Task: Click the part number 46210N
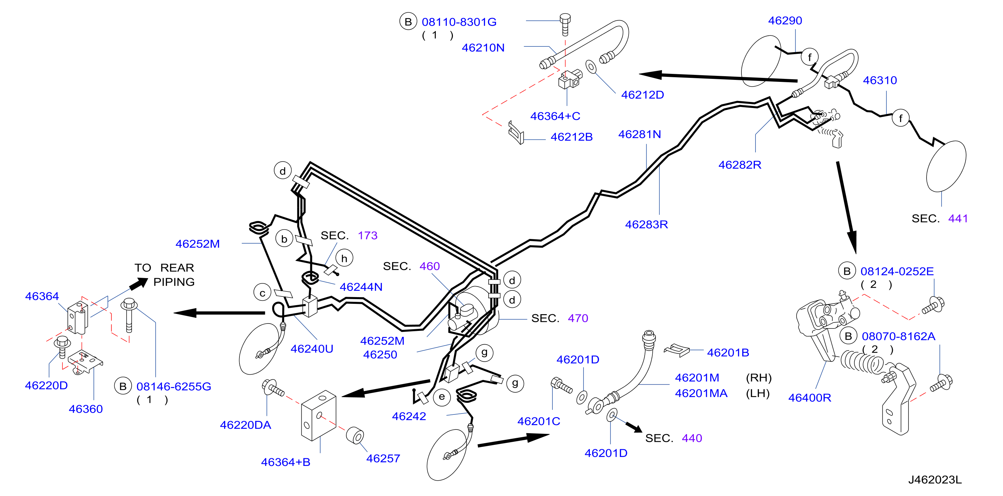click(x=483, y=47)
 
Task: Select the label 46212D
click(x=643, y=95)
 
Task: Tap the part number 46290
click(x=785, y=20)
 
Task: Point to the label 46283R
click(x=646, y=224)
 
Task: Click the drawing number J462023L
click(x=935, y=480)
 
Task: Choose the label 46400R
click(x=810, y=397)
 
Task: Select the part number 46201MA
click(x=701, y=393)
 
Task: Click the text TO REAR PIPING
click(x=164, y=275)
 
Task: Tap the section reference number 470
click(x=578, y=318)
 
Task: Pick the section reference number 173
click(x=367, y=235)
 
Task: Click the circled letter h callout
click(x=344, y=258)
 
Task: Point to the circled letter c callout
click(x=263, y=293)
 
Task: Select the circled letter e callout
click(x=442, y=397)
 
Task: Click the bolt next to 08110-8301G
click(x=565, y=24)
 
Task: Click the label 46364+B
click(x=286, y=462)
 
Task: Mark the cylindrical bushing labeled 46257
click(x=355, y=436)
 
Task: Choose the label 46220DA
click(x=245, y=425)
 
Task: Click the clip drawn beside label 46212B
click(x=516, y=132)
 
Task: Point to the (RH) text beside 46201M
click(x=759, y=378)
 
